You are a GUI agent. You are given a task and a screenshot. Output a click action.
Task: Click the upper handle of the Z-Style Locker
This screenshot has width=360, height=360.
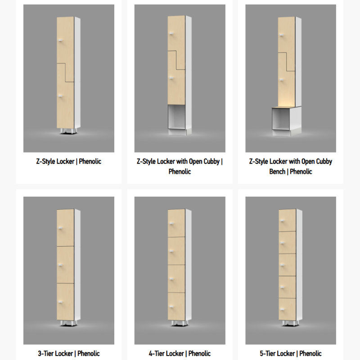(60, 40)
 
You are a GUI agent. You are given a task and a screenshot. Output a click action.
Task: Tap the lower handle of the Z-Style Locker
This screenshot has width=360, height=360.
(60, 96)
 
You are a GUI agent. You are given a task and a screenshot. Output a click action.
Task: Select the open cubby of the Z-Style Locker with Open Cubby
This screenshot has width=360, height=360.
(176, 117)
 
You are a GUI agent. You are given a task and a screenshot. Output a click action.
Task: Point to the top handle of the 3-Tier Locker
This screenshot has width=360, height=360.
(60, 228)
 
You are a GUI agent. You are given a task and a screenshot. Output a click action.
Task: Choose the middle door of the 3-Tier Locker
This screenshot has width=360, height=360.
(65, 265)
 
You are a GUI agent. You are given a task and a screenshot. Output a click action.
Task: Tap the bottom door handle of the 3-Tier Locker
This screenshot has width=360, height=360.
(60, 302)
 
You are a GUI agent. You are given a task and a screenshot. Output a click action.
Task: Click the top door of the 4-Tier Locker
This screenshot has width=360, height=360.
(176, 223)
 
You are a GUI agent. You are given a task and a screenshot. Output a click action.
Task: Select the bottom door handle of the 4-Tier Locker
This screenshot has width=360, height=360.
(171, 306)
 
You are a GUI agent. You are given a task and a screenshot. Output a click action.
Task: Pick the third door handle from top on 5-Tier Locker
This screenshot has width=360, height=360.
(283, 265)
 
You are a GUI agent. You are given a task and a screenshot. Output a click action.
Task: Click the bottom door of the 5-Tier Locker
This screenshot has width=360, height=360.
(287, 309)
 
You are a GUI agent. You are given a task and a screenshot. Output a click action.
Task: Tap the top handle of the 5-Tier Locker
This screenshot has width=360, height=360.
(283, 220)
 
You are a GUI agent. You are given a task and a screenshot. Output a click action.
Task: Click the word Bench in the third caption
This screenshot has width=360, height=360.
(277, 171)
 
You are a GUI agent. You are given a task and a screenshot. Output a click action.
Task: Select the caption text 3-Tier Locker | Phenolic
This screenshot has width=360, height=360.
(69, 353)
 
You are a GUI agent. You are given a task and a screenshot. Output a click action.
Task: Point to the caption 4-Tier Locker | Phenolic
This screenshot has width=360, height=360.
(180, 353)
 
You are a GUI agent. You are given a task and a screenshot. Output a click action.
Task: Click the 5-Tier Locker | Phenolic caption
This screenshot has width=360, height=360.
(290, 353)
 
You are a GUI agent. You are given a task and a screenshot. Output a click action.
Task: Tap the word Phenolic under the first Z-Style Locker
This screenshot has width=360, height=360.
(90, 162)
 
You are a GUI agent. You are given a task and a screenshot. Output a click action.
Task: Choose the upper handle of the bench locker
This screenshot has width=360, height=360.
(282, 35)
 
